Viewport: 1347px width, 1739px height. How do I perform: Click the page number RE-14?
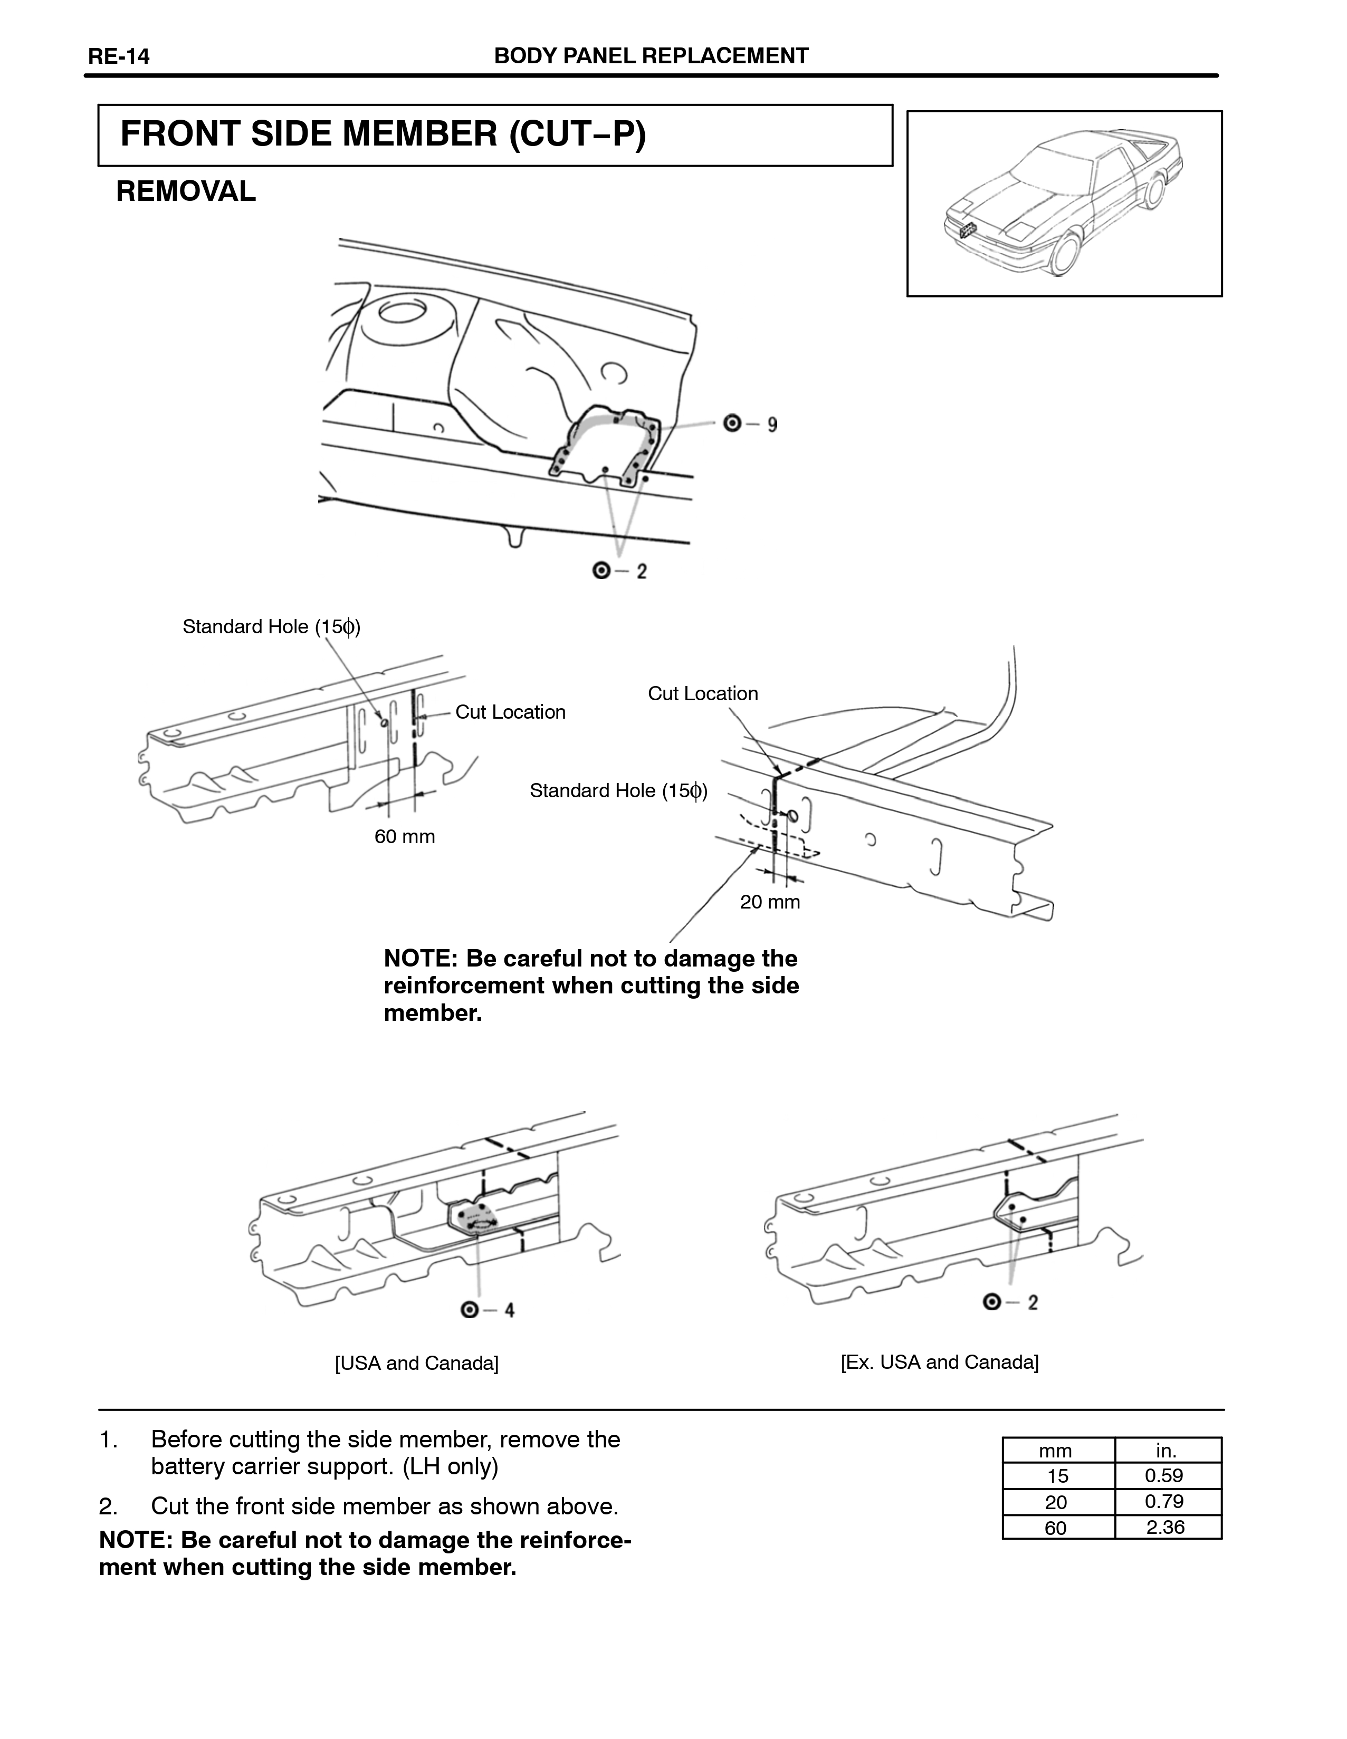[119, 56]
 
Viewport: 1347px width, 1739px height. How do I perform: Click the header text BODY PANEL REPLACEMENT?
[651, 56]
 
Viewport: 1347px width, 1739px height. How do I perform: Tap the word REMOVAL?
[186, 192]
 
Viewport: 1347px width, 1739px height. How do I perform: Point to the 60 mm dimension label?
[405, 837]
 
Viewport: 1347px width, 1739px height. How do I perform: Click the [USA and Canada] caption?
[417, 1363]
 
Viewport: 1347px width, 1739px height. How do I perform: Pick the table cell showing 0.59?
[1164, 1475]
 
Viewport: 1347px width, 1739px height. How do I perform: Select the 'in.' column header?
[1166, 1451]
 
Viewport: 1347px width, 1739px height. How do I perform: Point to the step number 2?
[108, 1506]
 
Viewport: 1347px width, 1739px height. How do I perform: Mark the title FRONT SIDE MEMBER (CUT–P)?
[383, 134]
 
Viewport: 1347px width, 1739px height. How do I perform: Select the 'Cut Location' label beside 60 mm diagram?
[510, 713]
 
